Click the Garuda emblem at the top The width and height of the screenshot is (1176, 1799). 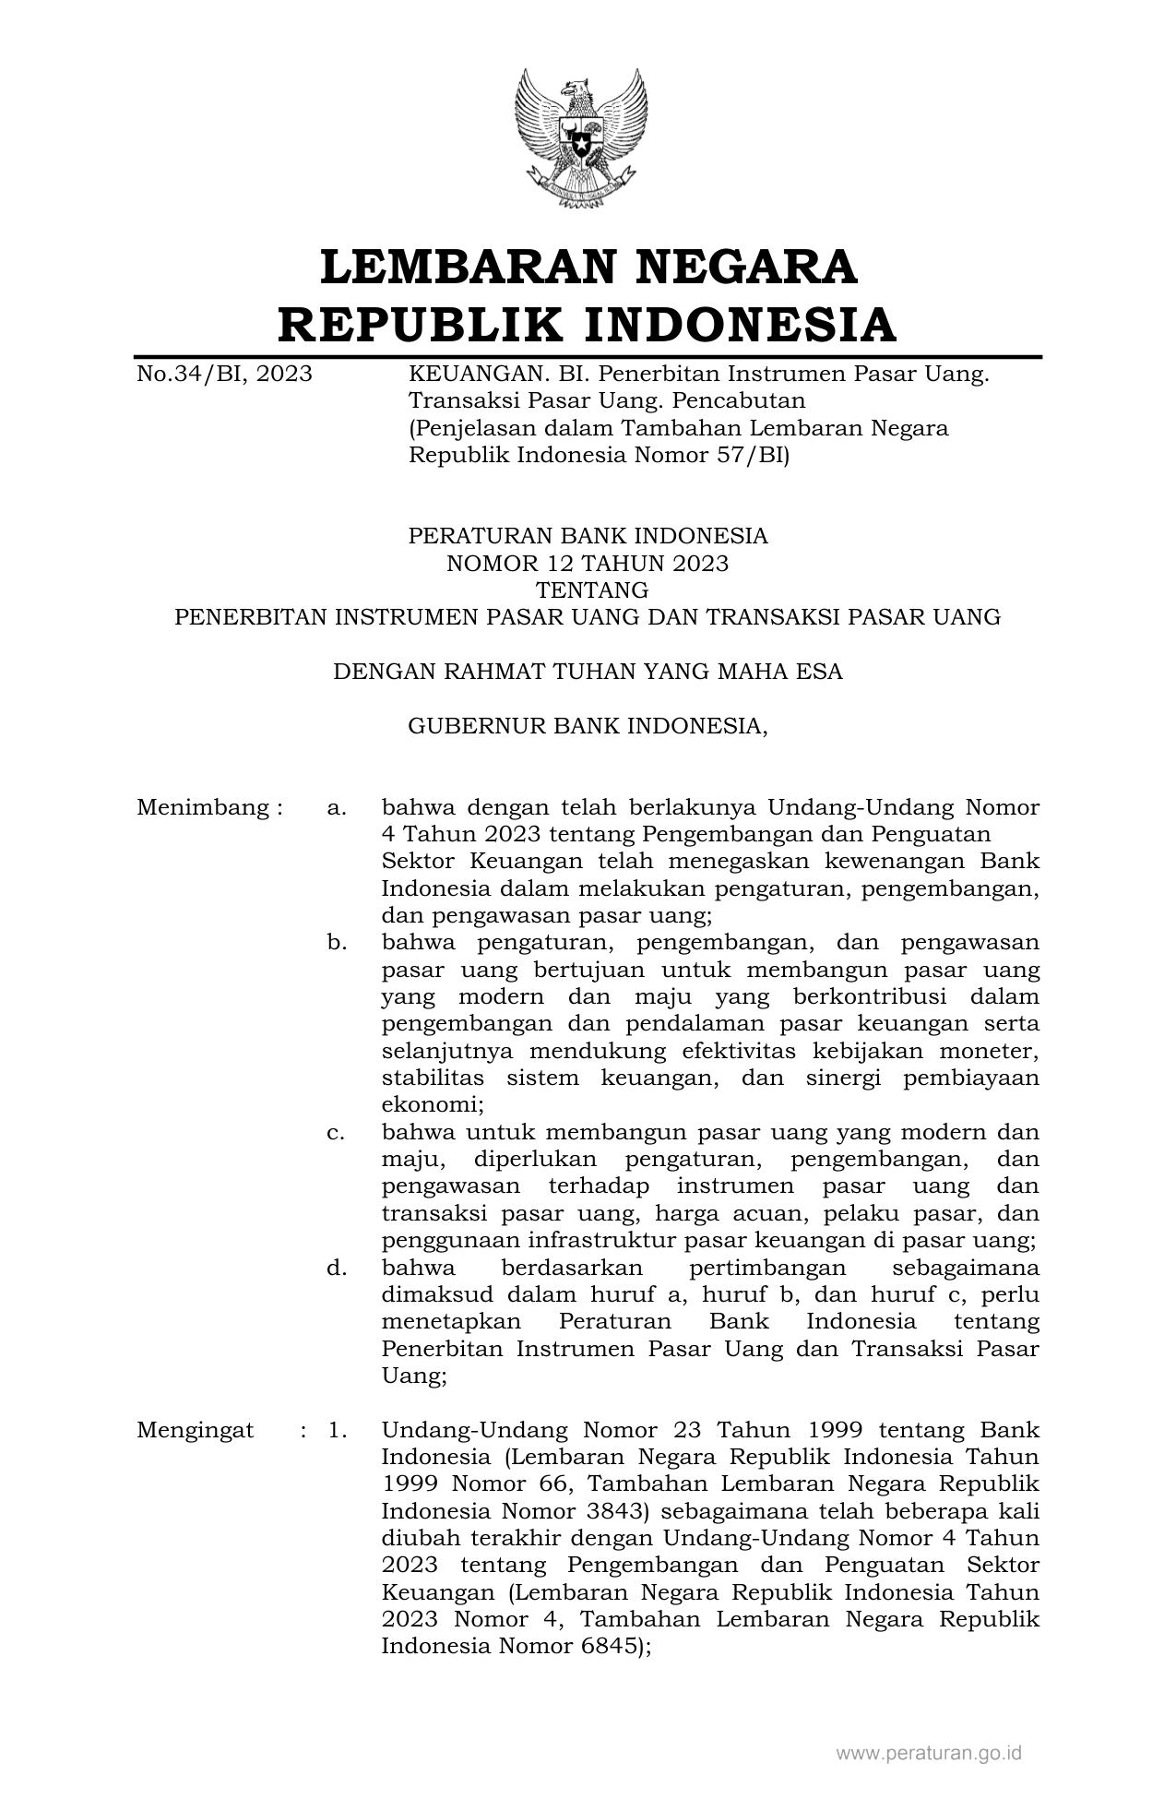coord(580,138)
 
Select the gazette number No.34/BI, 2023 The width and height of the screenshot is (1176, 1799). coord(224,375)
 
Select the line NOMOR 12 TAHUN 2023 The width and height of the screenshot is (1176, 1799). coord(588,564)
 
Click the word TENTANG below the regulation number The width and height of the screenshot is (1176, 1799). coord(588,590)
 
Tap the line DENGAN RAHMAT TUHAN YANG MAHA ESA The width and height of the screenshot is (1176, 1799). coord(588,672)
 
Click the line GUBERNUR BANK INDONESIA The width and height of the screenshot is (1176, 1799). coord(588,727)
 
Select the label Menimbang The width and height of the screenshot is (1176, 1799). coord(204,808)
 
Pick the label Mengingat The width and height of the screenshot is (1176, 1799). coord(196,1431)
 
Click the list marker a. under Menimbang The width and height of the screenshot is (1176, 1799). coord(337,809)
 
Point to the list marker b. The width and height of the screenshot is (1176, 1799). coord(337,943)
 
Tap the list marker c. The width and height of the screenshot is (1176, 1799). coord(337,1133)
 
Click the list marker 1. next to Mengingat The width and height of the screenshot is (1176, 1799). coord(337,1431)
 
